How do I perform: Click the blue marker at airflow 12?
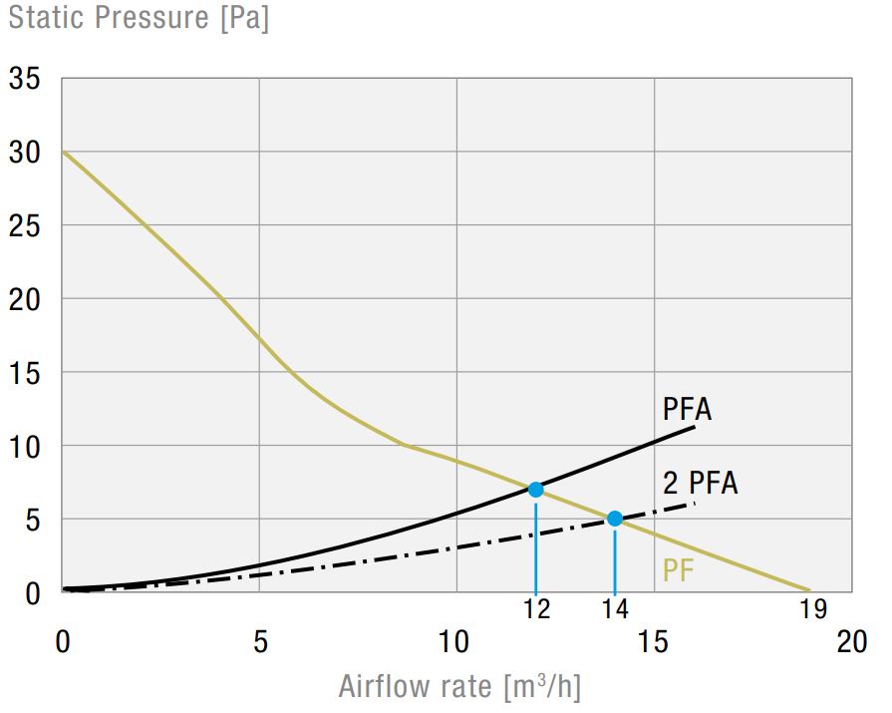(x=536, y=490)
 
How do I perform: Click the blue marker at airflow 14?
(x=615, y=519)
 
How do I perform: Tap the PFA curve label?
(x=687, y=410)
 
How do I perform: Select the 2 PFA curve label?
(x=701, y=484)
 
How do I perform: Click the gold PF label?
(x=679, y=570)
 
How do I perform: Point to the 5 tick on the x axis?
(x=260, y=642)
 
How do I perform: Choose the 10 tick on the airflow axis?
(x=456, y=642)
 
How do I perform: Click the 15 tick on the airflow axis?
(x=654, y=642)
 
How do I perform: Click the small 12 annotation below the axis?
(x=536, y=608)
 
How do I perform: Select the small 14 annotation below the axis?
(x=615, y=608)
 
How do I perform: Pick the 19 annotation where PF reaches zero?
(x=810, y=608)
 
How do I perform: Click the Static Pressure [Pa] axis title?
(x=139, y=19)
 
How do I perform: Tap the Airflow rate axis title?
(x=459, y=687)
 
